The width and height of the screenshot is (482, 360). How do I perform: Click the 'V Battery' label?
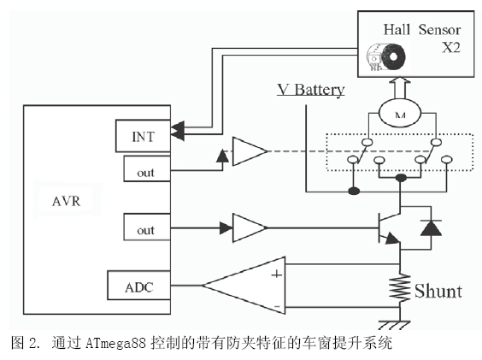[x=312, y=89]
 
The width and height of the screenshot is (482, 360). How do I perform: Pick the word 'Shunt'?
[x=438, y=291]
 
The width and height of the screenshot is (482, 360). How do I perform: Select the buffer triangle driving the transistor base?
[x=250, y=228]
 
